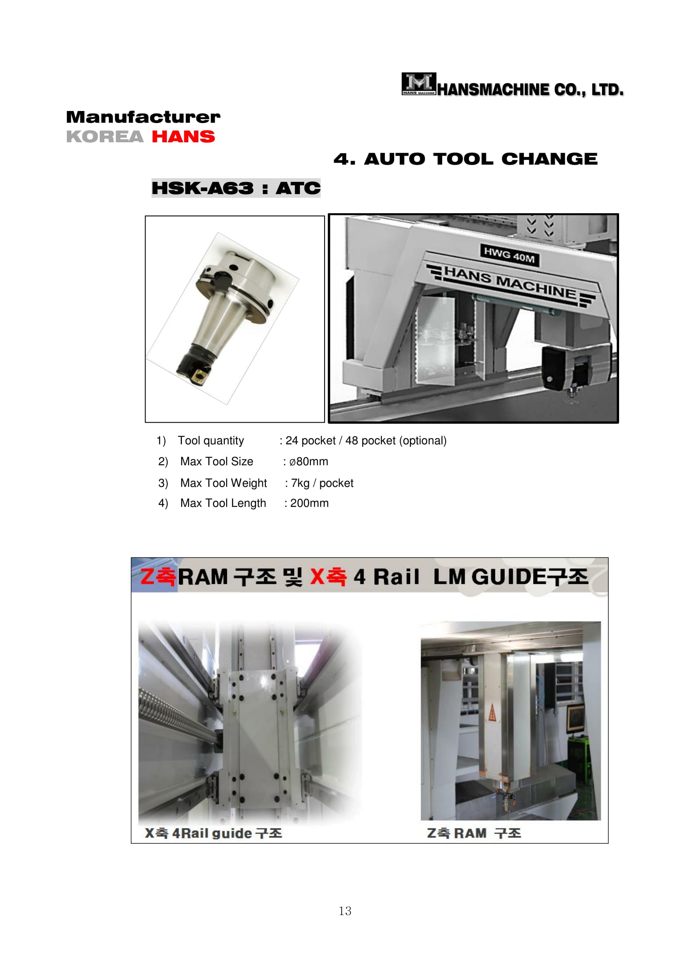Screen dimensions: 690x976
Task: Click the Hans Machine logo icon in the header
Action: pyautogui.click(x=418, y=84)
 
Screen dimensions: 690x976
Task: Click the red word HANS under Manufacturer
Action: pyautogui.click(x=183, y=137)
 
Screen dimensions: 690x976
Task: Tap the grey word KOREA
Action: pyautogui.click(x=105, y=137)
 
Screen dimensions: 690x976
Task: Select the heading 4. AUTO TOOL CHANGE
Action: pyautogui.click(x=465, y=159)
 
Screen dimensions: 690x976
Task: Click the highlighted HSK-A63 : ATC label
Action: pyautogui.click(x=236, y=188)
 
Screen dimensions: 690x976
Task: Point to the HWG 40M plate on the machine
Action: pyautogui.click(x=509, y=255)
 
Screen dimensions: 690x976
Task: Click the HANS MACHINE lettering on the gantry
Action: pyautogui.click(x=510, y=282)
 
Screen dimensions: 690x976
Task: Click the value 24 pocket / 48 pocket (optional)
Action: pyautogui.click(x=366, y=440)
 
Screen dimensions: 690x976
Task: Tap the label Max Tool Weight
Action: pyautogui.click(x=224, y=483)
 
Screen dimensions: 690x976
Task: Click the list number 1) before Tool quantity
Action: pyautogui.click(x=161, y=441)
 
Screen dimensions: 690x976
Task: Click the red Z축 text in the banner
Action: pyautogui.click(x=158, y=576)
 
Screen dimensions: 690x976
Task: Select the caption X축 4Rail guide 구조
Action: pyautogui.click(x=213, y=833)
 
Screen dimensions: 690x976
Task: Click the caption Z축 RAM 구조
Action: pyautogui.click(x=474, y=833)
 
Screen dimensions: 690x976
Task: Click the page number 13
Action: pyautogui.click(x=345, y=911)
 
